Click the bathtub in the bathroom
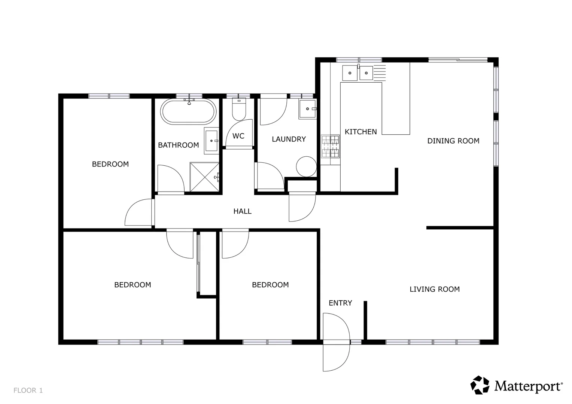click(x=189, y=111)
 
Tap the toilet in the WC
click(x=238, y=108)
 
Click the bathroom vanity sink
click(x=212, y=141)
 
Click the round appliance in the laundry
click(x=306, y=166)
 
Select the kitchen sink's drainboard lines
click(x=380, y=72)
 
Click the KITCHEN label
click(x=360, y=132)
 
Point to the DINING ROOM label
click(x=453, y=141)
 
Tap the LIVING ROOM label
click(x=434, y=289)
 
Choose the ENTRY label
click(x=340, y=303)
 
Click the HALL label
click(x=242, y=211)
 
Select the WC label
click(x=238, y=136)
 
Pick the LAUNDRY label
click(x=289, y=139)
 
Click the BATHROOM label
click(x=178, y=145)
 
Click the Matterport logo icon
click(x=480, y=385)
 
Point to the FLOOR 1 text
click(x=28, y=391)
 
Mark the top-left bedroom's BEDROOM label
click(x=110, y=164)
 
